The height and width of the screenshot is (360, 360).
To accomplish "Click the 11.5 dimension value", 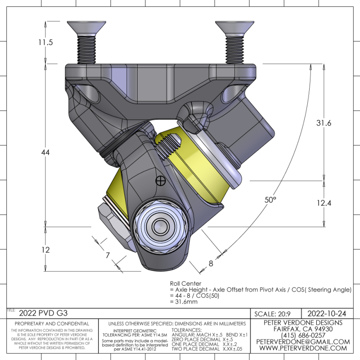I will (46, 43).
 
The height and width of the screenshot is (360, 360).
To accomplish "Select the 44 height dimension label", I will (45, 153).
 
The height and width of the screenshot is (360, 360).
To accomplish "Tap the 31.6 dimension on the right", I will (324, 123).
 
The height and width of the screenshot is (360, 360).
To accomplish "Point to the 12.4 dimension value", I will (324, 203).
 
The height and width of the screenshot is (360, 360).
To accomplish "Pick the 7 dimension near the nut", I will (108, 255).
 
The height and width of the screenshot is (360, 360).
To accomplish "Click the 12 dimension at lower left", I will (45, 250).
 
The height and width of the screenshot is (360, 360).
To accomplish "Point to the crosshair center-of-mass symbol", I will (159, 181).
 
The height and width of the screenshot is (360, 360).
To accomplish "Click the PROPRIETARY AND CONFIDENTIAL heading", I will (52, 323).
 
